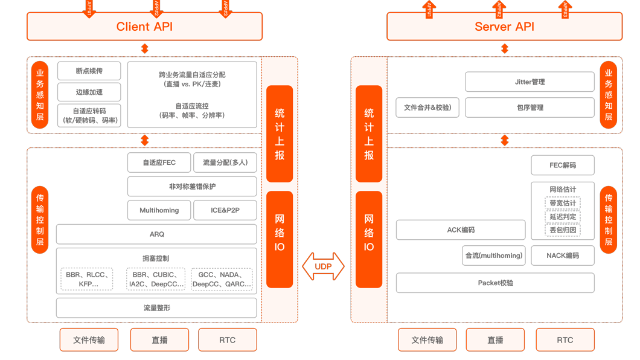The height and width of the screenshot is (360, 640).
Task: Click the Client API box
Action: pos(144,27)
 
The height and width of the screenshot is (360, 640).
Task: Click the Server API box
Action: pos(504,27)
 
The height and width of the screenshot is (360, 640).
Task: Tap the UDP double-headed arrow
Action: pos(323,266)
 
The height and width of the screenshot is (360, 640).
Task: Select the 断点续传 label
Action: pos(89,71)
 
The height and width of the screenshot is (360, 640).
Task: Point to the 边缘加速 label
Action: pos(89,92)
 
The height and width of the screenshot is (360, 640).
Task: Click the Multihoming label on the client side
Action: pos(159,210)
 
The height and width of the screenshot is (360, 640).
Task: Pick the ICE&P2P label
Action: pos(225,210)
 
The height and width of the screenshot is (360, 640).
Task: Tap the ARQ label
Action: pos(156,234)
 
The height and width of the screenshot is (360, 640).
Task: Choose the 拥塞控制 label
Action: pos(156,259)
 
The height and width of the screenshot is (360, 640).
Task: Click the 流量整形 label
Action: pos(156,308)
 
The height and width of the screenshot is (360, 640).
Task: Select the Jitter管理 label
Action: pos(530,82)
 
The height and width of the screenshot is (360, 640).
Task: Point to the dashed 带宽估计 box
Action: pos(563,203)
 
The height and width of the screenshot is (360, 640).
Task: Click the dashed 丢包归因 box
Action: pos(563,230)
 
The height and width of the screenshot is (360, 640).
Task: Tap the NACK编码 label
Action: pos(563,256)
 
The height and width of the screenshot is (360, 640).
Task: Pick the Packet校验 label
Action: pos(495,283)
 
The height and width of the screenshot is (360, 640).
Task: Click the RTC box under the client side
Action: pos(227,340)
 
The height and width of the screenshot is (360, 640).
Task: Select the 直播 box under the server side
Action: pos(495,340)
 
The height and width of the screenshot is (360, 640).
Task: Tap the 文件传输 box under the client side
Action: pos(89,340)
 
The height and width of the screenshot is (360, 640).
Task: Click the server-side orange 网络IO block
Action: pos(369,239)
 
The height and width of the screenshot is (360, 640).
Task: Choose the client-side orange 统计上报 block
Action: pos(280,133)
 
